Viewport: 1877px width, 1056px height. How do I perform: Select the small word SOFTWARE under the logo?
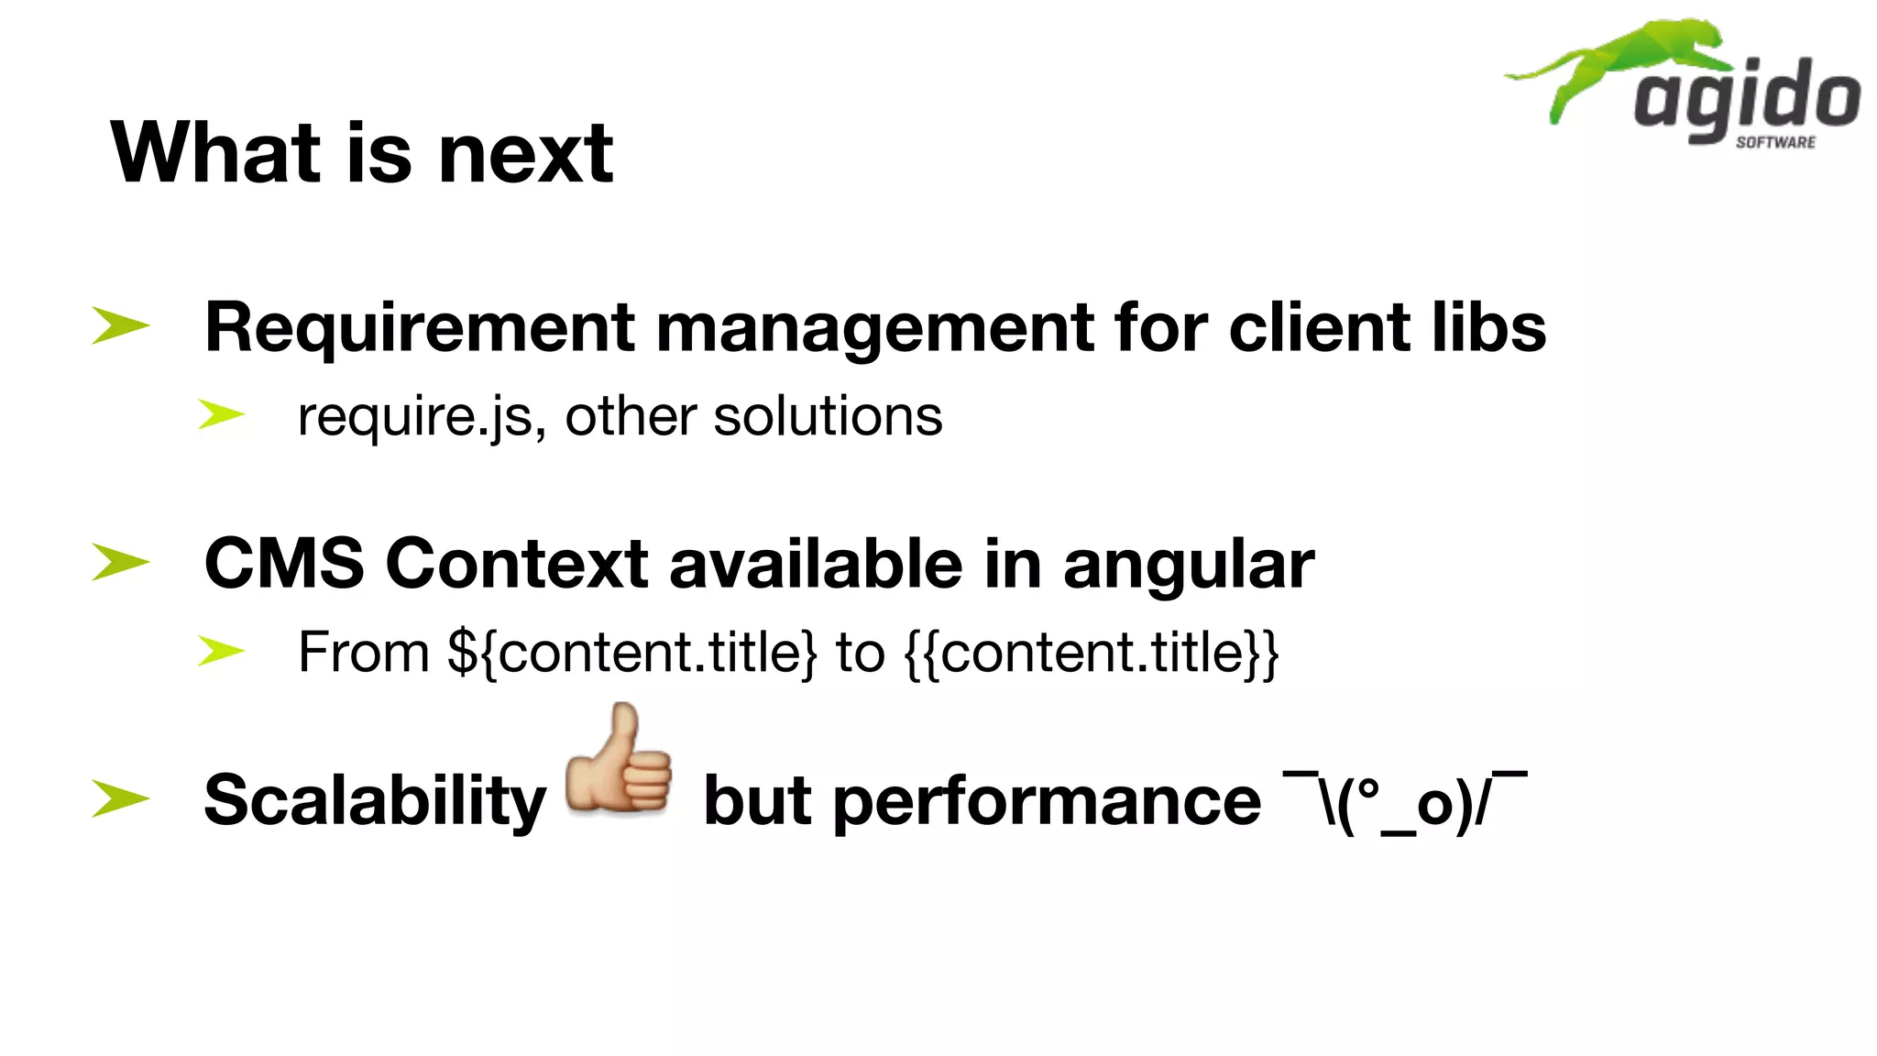point(1775,142)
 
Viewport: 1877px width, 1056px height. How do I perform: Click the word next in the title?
point(526,153)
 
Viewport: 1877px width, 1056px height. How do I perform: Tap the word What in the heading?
point(215,153)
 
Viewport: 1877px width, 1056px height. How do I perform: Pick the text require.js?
point(423,417)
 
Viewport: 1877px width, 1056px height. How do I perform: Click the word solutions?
point(828,416)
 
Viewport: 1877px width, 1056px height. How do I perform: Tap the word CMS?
point(284,563)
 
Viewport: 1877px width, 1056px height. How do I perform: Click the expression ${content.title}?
point(631,653)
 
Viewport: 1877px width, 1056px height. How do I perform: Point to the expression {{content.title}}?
point(1092,653)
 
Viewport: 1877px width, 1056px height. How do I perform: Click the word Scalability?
point(375,801)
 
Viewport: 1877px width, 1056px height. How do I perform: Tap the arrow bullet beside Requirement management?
point(120,326)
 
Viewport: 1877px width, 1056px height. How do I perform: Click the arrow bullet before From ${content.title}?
point(222,652)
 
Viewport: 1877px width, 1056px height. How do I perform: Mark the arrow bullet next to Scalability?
point(120,798)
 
